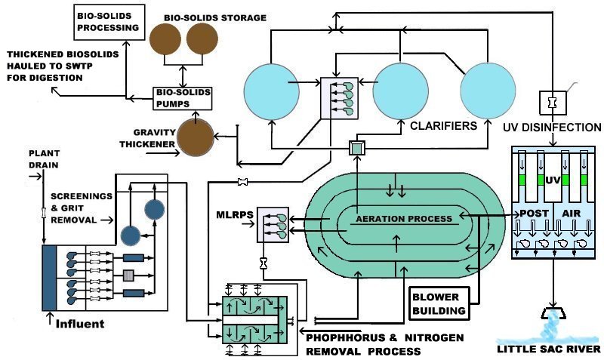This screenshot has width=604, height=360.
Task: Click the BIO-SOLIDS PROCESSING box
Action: tap(109, 21)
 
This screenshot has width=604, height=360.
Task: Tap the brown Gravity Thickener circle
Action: tap(196, 136)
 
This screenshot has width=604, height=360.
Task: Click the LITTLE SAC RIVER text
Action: tap(548, 349)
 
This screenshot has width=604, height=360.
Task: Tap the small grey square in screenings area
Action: tap(128, 273)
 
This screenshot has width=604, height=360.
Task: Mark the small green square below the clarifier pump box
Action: tap(356, 149)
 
